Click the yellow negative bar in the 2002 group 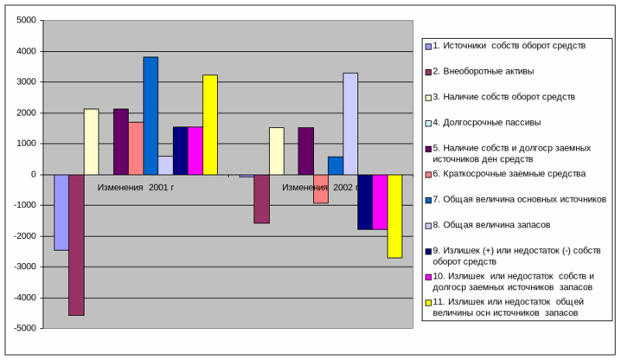(394, 215)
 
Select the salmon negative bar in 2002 (321, 189)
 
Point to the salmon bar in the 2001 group (136, 148)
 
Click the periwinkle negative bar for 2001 (61, 212)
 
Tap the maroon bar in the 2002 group (261, 198)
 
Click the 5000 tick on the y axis (26, 20)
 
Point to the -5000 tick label (24, 328)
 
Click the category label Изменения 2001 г (136, 187)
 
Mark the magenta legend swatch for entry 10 (428, 277)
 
